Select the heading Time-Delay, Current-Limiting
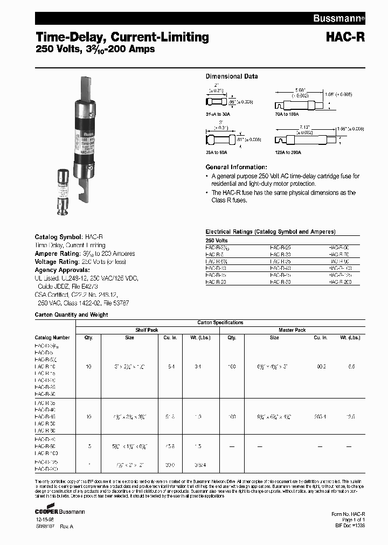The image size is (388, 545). [x=122, y=37]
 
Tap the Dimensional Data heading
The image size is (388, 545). [x=232, y=76]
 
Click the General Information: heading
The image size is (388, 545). [x=236, y=167]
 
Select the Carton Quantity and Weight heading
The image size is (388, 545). [x=71, y=315]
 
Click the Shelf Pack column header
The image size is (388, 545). [x=147, y=330]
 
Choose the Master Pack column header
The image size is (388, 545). [x=292, y=330]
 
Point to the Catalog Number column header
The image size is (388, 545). [x=52, y=338]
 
